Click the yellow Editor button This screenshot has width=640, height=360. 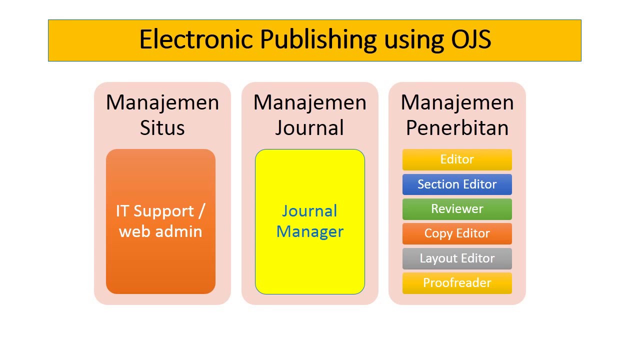point(457,159)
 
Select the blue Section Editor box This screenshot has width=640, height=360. point(457,184)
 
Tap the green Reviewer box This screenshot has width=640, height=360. point(457,208)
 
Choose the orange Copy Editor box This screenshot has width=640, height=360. point(457,233)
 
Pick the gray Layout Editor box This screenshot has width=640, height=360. point(457,258)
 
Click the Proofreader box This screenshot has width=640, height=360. point(457,283)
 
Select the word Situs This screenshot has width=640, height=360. point(162,128)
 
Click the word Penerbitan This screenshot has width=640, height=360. point(457,128)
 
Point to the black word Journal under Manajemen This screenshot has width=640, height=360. point(309,128)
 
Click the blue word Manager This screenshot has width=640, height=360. point(309,231)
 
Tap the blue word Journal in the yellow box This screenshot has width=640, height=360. point(309,211)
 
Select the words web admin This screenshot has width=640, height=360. point(160,231)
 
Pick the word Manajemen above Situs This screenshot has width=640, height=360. point(162,102)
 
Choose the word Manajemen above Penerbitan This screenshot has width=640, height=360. point(457,102)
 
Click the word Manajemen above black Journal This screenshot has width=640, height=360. point(309,102)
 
